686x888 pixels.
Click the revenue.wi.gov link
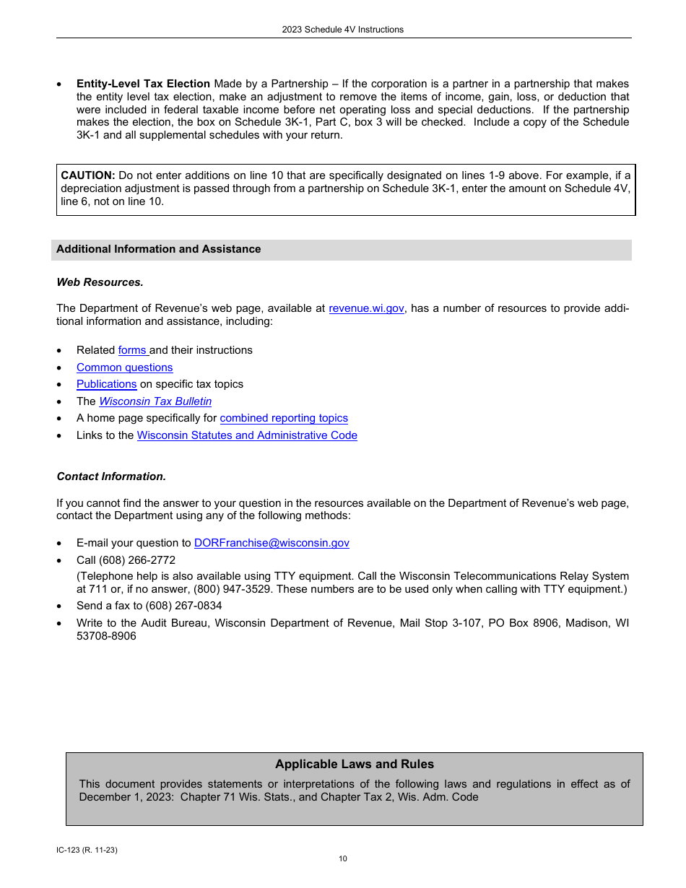(x=366, y=308)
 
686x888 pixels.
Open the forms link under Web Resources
(x=132, y=350)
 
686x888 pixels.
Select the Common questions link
(x=125, y=367)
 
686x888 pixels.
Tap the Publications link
(x=106, y=384)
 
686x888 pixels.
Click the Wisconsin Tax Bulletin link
(x=155, y=401)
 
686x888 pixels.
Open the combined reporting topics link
(x=284, y=418)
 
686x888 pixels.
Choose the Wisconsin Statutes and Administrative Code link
(x=247, y=435)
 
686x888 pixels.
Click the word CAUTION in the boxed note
(x=88, y=175)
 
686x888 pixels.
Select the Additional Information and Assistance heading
(x=159, y=249)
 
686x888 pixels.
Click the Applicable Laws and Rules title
(x=355, y=765)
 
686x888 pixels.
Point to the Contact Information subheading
(x=111, y=476)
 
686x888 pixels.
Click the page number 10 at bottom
(x=343, y=858)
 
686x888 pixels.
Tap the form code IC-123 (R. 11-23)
(x=87, y=850)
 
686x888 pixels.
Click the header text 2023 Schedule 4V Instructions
(x=343, y=30)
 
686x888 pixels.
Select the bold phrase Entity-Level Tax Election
(x=143, y=84)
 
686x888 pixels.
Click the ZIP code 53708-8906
(x=106, y=636)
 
